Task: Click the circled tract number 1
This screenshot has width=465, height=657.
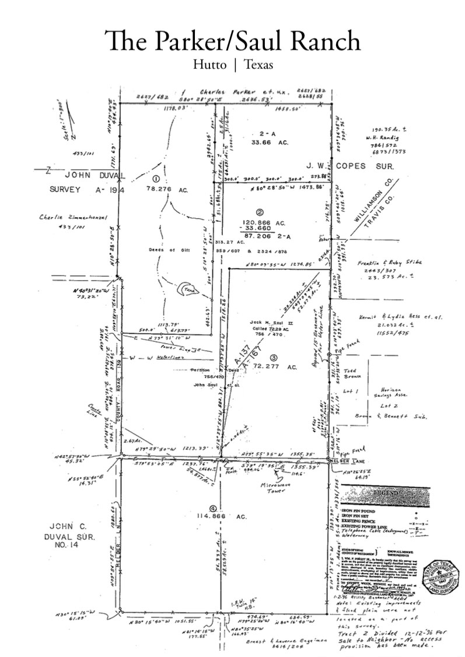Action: click(x=156, y=178)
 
